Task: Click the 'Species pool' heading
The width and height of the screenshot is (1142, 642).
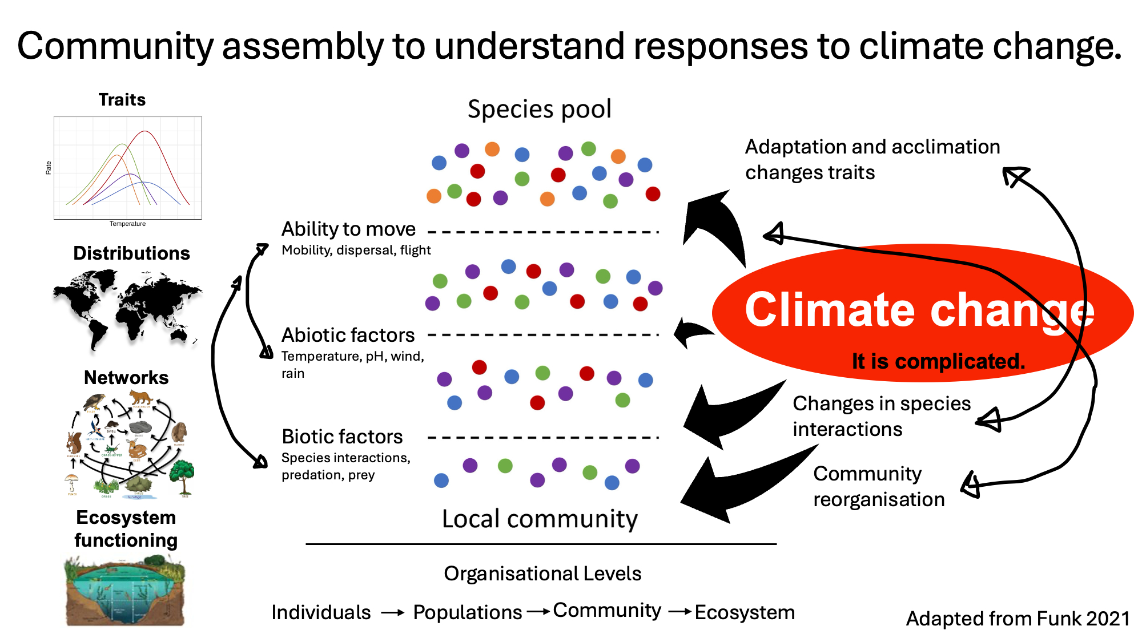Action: [539, 109]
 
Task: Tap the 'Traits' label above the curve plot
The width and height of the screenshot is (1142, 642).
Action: [122, 100]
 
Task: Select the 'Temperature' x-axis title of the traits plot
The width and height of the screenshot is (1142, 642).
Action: [127, 224]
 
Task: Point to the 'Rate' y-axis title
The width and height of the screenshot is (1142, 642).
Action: [49, 167]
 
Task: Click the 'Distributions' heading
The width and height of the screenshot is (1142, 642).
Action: [131, 253]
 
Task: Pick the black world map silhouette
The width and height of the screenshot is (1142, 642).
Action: [127, 309]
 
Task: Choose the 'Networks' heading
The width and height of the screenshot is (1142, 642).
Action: [126, 378]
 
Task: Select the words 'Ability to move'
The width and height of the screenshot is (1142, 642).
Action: [348, 229]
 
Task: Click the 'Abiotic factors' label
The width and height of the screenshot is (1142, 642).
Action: [348, 335]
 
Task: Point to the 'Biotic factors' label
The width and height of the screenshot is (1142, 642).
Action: [342, 437]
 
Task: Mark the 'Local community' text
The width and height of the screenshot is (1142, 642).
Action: [540, 519]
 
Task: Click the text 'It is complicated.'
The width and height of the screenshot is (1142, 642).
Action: [938, 361]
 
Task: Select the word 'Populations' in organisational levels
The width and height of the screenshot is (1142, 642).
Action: [467, 612]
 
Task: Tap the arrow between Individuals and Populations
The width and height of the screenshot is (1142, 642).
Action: [392, 613]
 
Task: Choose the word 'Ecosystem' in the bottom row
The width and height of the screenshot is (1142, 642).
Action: [745, 612]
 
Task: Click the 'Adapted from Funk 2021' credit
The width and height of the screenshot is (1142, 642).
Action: [1018, 619]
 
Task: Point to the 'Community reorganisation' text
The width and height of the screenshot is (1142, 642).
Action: [878, 486]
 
